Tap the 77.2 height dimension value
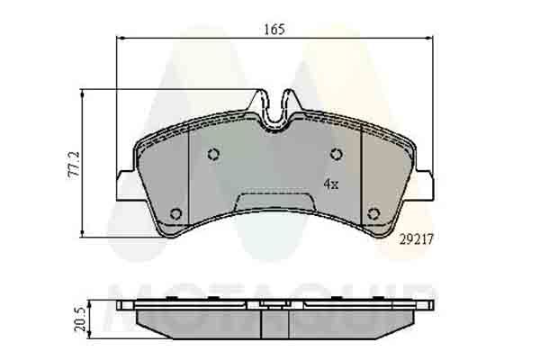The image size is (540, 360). [76, 164]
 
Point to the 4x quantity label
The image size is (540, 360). [330, 184]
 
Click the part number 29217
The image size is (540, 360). [416, 238]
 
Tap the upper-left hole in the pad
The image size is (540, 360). [213, 154]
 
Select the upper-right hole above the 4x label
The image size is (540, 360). [336, 154]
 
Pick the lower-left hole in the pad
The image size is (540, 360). [176, 213]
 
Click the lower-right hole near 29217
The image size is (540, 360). [373, 213]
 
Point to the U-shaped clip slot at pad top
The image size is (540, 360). [276, 108]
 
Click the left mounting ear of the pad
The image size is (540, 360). [126, 184]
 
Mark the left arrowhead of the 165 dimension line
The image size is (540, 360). [121, 39]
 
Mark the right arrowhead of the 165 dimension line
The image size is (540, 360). [429, 39]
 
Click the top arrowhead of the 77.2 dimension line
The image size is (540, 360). [83, 93]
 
